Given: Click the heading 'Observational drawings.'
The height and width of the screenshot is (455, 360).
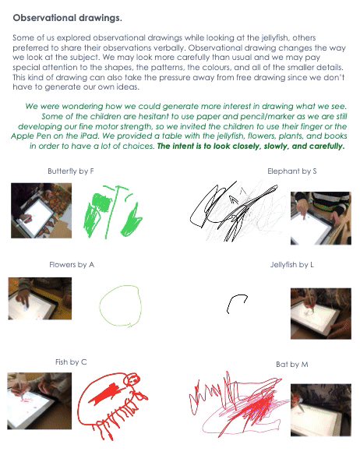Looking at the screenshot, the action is [x=67, y=18].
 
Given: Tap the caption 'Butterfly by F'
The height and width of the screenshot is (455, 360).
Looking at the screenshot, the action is [x=71, y=171].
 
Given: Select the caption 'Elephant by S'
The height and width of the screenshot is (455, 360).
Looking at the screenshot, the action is [x=291, y=171].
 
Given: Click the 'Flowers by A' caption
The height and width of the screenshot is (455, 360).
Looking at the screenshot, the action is [x=72, y=265].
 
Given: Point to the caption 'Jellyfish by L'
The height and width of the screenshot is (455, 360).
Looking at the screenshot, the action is [x=291, y=265].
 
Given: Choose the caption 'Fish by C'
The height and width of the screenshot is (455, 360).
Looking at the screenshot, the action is [x=71, y=362].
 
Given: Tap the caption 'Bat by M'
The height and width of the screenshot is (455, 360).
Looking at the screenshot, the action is [x=291, y=364].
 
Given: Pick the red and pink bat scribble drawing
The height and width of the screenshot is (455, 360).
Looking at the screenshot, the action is [x=238, y=404].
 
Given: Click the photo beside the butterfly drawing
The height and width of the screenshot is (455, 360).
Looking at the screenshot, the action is [x=41, y=210].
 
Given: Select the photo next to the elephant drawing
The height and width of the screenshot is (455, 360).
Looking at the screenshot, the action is [x=321, y=218].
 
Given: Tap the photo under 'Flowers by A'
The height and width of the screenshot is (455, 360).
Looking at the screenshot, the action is [x=40, y=298].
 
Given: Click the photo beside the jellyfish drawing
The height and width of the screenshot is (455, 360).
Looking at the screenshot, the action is [x=321, y=313].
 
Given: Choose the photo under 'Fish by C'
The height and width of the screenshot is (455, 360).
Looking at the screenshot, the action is [x=39, y=400].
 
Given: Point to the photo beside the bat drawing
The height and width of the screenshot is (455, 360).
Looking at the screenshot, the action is [x=321, y=410].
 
